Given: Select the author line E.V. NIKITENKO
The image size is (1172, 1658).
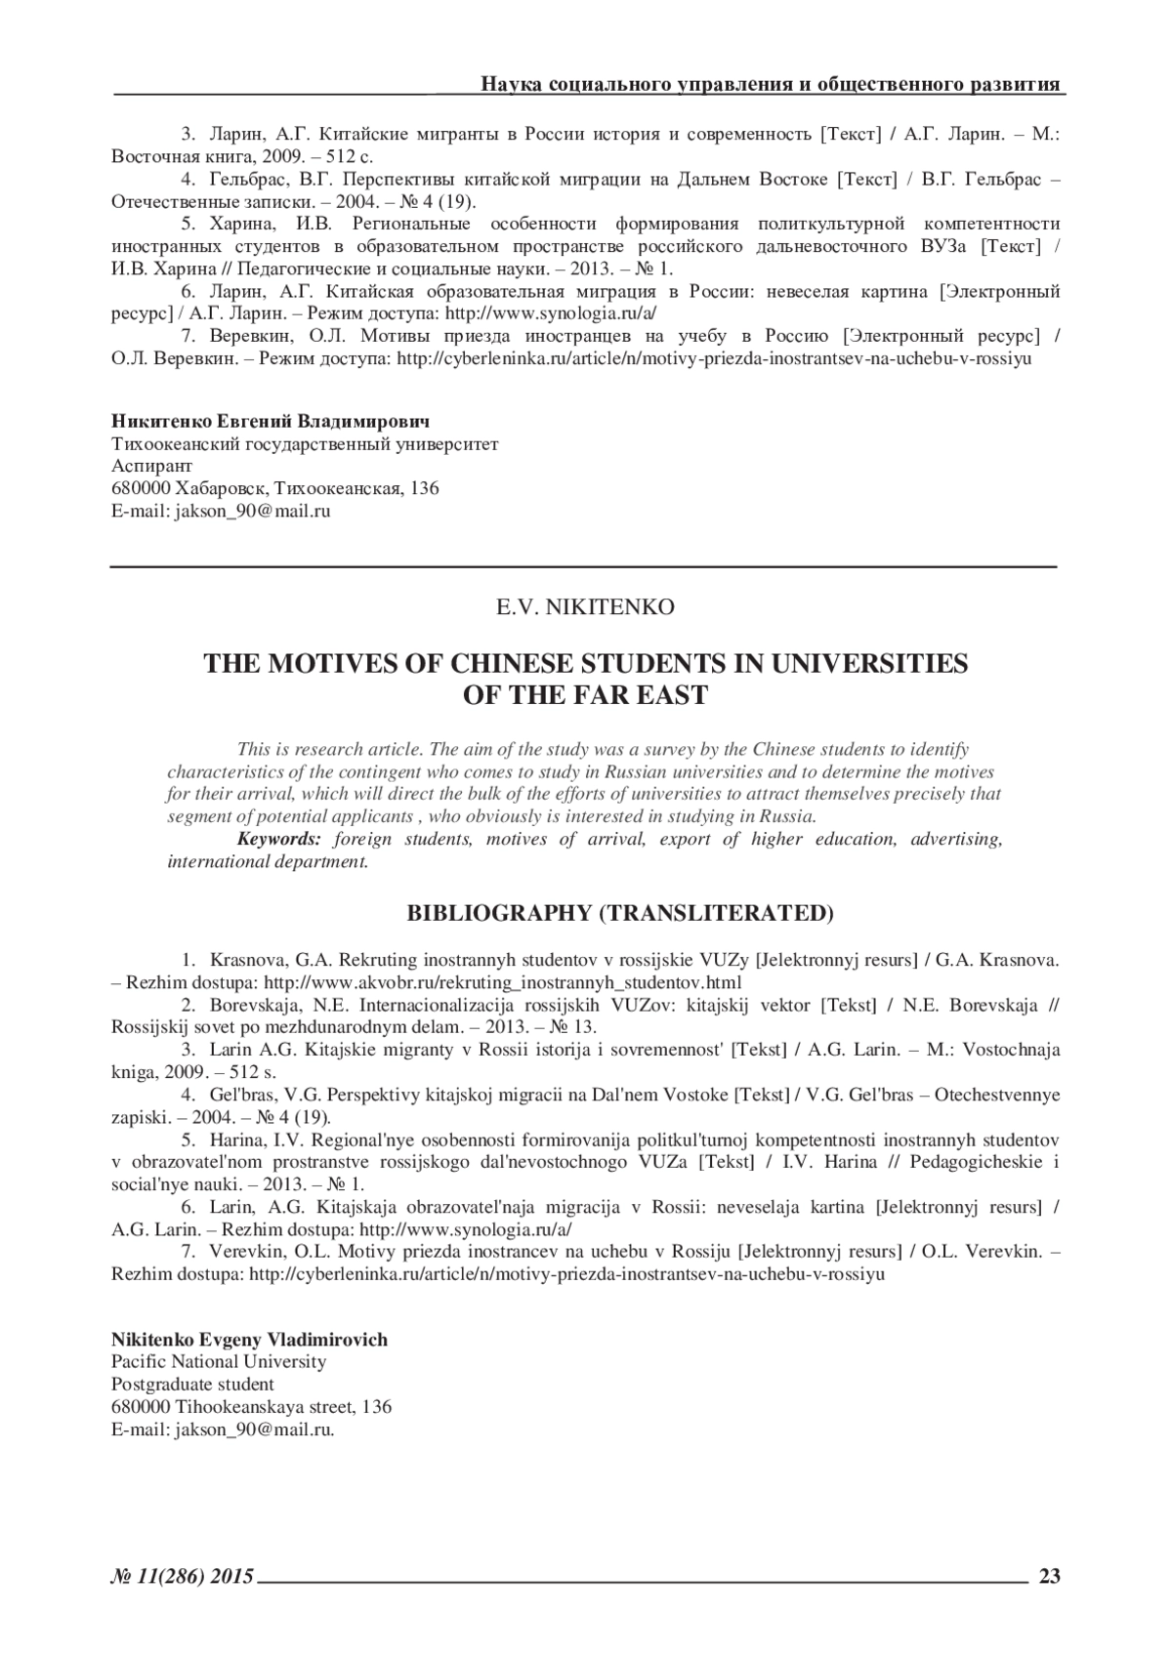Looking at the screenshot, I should tap(585, 607).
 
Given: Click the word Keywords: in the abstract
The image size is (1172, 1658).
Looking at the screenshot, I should tap(279, 839).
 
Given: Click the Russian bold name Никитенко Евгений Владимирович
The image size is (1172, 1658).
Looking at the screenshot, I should tap(271, 422).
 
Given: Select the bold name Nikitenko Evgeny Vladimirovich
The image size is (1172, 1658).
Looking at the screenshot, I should tap(249, 1340).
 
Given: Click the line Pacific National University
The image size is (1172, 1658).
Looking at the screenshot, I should tap(219, 1362).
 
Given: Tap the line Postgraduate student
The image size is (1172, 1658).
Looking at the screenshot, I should tap(192, 1385).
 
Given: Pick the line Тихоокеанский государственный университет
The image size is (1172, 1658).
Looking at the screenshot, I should tap(305, 444).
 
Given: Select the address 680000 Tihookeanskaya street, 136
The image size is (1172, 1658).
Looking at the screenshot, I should tap(251, 1407).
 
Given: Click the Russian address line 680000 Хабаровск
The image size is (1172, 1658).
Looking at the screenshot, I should tap(275, 488).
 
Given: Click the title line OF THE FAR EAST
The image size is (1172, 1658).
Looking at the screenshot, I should tap(584, 696).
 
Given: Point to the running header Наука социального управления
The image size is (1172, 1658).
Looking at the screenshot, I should tap(770, 84).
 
